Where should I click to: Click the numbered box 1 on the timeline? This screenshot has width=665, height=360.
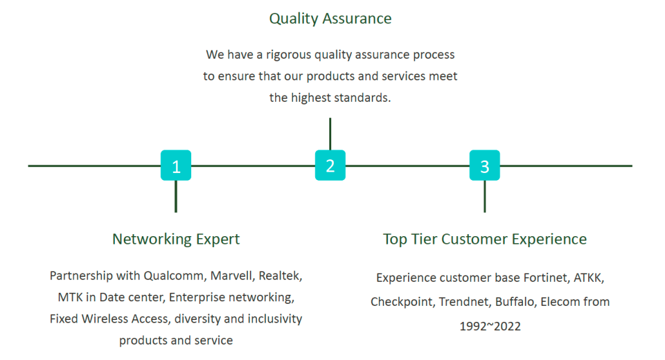coord(176,165)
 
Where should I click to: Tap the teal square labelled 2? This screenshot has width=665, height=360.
coord(330,165)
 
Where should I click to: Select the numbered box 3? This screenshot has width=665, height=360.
coord(484,165)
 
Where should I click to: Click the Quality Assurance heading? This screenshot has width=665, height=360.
coord(331,19)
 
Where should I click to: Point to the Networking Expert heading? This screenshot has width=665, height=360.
coord(176,239)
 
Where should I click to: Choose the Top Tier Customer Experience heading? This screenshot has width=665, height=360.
coord(485,239)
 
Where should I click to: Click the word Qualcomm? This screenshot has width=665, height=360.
coord(175,276)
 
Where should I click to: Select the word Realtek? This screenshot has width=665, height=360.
coord(280,276)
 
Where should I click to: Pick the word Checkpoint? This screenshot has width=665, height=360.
coord(402,302)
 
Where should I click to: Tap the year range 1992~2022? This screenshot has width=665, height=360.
coord(490,326)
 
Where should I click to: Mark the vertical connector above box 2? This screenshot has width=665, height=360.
coord(330,134)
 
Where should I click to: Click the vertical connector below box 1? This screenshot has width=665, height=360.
coord(176,196)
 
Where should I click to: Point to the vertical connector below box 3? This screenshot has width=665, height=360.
coord(484,196)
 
